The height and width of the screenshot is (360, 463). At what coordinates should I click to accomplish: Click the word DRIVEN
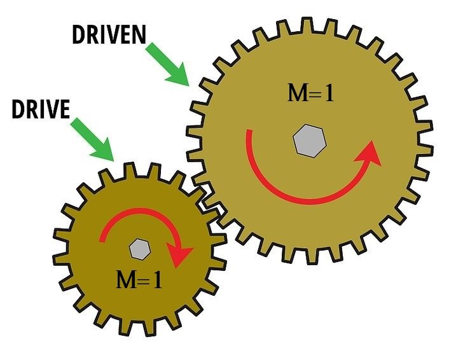coord(109,35)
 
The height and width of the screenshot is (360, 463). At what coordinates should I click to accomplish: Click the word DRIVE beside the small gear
coord(41,109)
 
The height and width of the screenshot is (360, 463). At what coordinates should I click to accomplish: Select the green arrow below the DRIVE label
coord(92,138)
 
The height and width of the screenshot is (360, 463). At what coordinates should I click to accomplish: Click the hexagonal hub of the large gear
coord(310,140)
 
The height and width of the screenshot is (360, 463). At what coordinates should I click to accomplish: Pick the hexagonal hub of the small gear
coord(138,248)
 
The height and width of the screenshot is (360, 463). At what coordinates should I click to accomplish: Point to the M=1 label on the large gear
coord(310,93)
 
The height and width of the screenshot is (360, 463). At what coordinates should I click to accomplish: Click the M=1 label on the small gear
coord(138,279)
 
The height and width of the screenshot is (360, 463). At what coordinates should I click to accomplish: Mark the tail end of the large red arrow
coord(249,132)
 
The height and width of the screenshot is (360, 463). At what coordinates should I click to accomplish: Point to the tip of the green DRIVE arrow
coord(113,160)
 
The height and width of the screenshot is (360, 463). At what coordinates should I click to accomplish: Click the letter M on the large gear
coord(298,93)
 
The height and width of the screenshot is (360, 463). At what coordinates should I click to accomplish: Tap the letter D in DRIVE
coord(18,109)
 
